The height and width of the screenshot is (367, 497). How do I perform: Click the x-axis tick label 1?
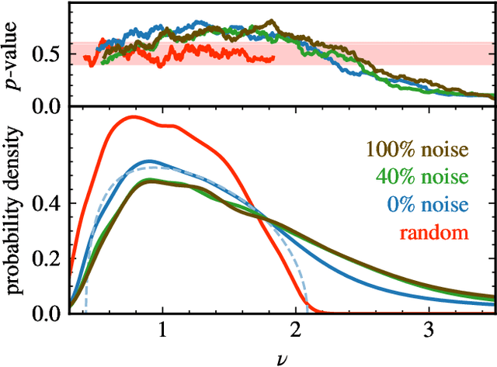(162, 329)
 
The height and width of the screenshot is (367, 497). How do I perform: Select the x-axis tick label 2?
(295, 329)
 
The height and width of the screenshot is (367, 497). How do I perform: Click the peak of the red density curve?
(134, 116)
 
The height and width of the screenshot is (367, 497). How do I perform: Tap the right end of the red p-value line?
(274, 57)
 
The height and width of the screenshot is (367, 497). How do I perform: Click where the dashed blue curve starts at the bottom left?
(84, 312)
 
